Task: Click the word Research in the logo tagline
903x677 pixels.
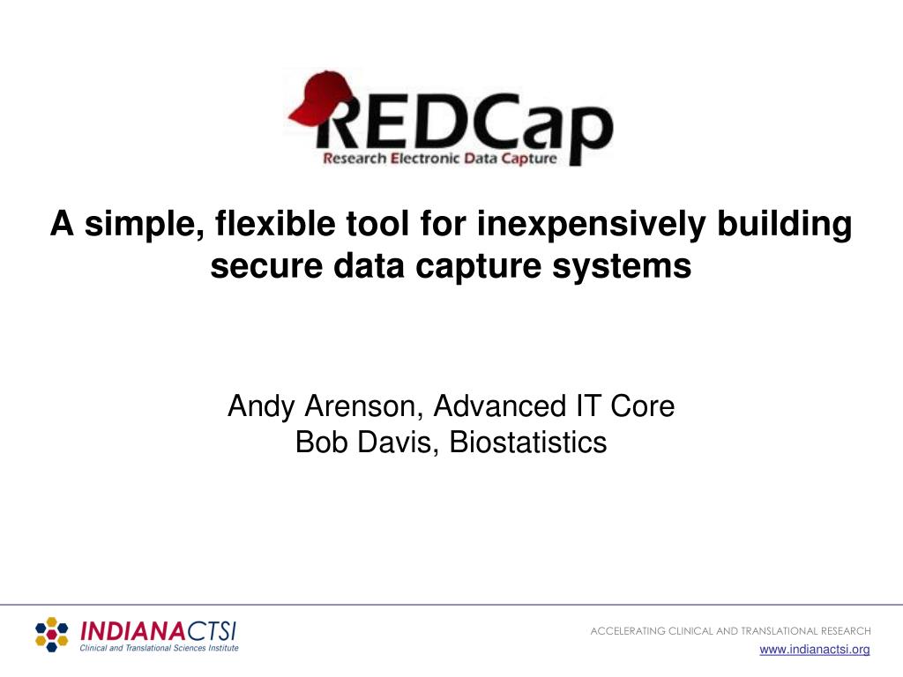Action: [x=354, y=160]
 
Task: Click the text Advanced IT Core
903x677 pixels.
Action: [x=554, y=406]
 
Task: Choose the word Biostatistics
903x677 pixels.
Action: [x=527, y=442]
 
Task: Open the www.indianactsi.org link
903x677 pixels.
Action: [x=815, y=650]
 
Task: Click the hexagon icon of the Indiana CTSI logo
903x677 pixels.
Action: [x=51, y=635]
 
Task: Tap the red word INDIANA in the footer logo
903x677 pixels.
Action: [x=131, y=631]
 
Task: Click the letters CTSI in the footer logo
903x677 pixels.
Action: [x=211, y=631]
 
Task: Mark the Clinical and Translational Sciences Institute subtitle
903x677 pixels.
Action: [x=159, y=648]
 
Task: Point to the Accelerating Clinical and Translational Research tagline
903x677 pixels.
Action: [x=730, y=631]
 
